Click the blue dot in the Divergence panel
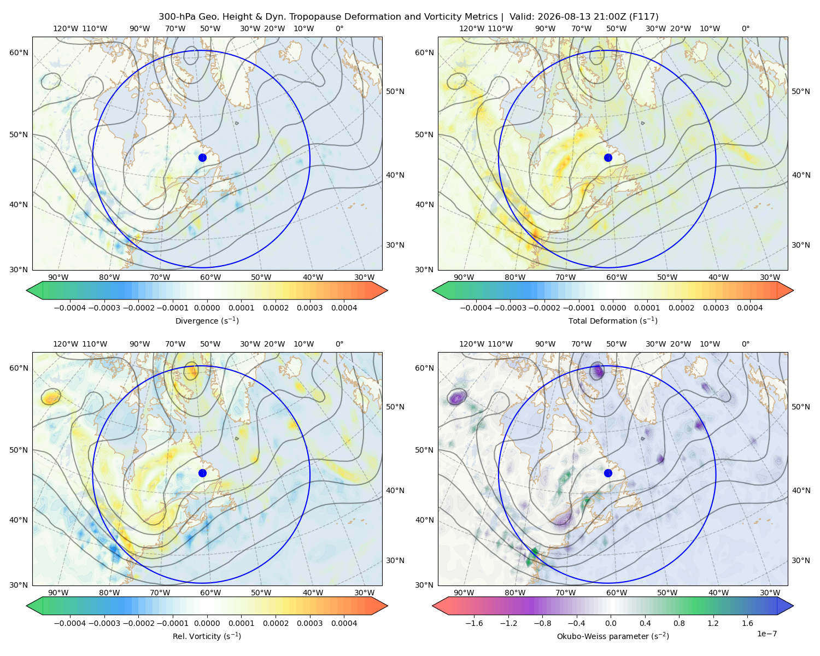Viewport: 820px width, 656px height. point(202,157)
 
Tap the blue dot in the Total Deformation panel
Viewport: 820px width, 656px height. point(608,157)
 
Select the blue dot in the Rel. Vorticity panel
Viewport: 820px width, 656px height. point(202,473)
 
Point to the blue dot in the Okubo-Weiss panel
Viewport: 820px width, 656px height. point(608,473)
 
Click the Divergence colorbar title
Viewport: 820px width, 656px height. point(207,320)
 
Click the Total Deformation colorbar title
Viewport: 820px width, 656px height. point(613,320)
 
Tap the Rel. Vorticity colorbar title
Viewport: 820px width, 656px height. point(207,636)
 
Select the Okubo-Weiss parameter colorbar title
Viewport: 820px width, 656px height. point(613,636)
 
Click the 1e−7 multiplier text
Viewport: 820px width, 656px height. point(766,633)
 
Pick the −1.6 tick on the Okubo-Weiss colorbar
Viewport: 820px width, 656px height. point(474,623)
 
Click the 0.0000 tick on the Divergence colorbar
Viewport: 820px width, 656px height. point(207,308)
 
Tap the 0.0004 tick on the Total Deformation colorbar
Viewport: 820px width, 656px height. point(749,308)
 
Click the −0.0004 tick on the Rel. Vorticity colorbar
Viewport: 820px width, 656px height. point(70,623)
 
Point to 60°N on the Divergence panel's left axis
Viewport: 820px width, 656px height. point(19,52)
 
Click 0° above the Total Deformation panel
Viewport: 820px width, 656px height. point(745,28)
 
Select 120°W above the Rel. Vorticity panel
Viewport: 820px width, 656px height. point(66,344)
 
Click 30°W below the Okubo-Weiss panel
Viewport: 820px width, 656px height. point(770,593)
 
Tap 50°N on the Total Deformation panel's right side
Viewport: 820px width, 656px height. point(801,91)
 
